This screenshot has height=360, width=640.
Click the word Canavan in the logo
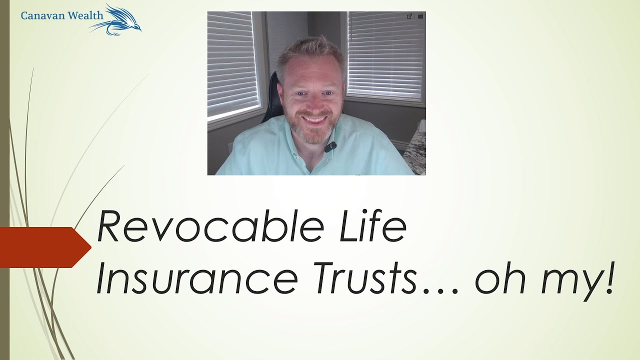[40, 15]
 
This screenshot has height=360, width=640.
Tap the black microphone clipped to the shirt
[330, 147]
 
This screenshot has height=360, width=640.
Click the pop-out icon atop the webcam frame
[409, 16]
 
